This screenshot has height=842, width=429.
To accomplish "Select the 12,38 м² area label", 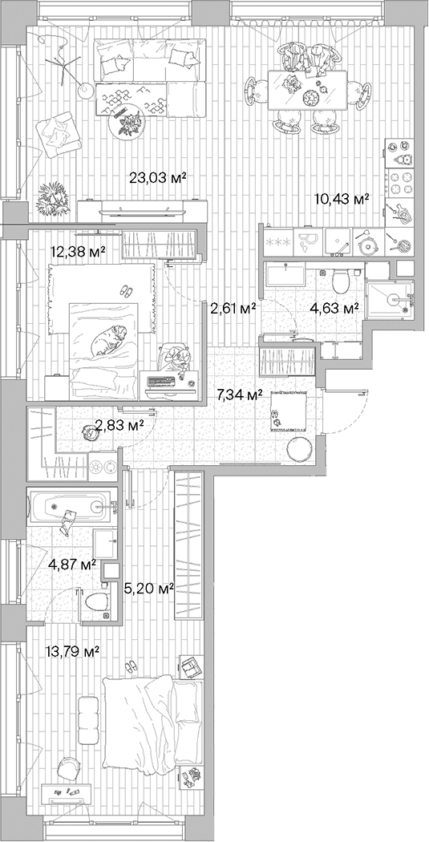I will click(x=78, y=252).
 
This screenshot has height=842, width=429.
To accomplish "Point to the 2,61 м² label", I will click(x=233, y=307).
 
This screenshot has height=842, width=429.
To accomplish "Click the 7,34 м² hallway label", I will click(x=241, y=395).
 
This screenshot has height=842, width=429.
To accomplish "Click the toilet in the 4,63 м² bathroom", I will click(x=339, y=281).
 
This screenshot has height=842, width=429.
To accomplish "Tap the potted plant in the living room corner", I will click(x=55, y=195).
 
